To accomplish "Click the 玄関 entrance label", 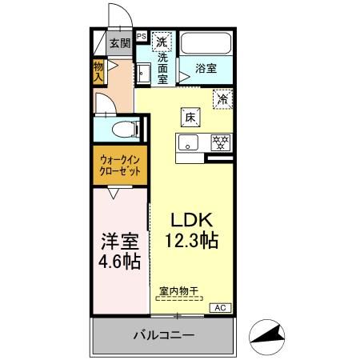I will click(x=118, y=44).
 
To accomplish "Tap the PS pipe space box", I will click(x=141, y=36).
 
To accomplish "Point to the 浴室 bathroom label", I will click(x=206, y=68).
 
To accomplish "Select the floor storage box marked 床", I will click(x=190, y=116).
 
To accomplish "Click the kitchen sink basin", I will click(x=189, y=144).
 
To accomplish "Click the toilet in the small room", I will click(x=119, y=128).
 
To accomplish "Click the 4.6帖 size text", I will click(x=121, y=261).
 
